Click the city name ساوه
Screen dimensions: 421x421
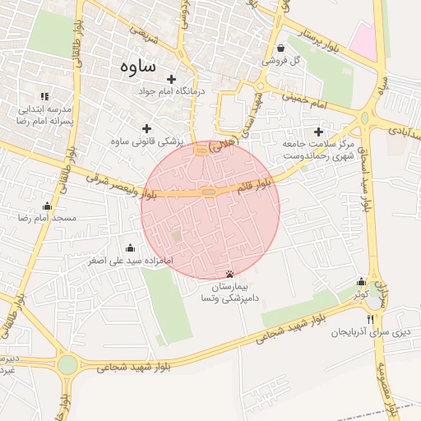[x=137, y=65]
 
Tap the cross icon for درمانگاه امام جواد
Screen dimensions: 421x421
[x=171, y=80]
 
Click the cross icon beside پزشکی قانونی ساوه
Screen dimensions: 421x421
[x=147, y=128]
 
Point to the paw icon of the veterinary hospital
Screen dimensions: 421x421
[x=229, y=274]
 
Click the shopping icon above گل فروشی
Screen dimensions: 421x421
[x=281, y=48]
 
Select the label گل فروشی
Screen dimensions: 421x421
[x=281, y=60]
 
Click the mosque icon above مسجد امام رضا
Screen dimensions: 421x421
[x=47, y=206]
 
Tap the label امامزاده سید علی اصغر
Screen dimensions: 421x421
[x=131, y=260]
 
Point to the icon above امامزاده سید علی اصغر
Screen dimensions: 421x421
[x=130, y=248]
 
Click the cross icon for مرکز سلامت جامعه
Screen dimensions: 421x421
[x=318, y=132]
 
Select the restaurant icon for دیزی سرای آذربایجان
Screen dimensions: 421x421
[x=370, y=319]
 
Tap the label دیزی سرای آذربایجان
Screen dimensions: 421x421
[x=370, y=333]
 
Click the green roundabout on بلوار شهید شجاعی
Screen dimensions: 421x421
[x=67, y=364]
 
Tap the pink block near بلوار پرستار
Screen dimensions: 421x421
[x=364, y=40]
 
